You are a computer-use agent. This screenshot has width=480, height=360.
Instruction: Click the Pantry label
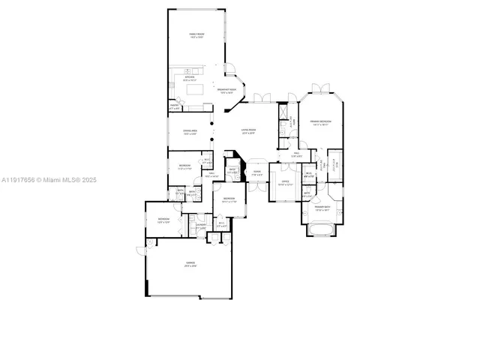pyautogui.click(x=174, y=106)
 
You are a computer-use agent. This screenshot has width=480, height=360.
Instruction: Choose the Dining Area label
pyautogui.click(x=190, y=130)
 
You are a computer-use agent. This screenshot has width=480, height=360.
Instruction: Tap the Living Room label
pyautogui.click(x=248, y=130)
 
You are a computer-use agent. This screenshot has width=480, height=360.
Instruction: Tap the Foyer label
pyautogui.click(x=257, y=172)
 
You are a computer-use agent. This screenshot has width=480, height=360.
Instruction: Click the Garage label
pyautogui.click(x=190, y=262)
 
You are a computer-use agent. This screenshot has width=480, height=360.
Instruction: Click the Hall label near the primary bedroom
pyautogui.click(x=296, y=154)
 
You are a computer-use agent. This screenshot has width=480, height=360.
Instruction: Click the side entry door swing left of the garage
pyautogui.click(x=141, y=249)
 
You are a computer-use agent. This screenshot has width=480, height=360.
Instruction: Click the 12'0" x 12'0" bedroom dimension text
pyautogui.click(x=163, y=222)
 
